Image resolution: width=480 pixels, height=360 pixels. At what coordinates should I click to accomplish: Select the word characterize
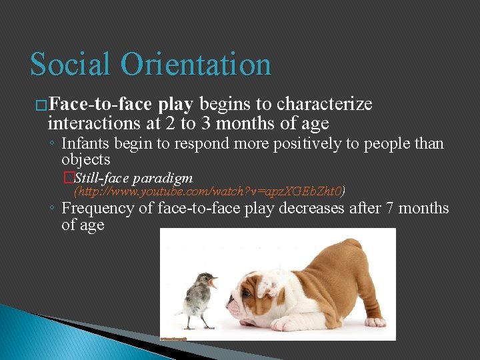tap(324, 105)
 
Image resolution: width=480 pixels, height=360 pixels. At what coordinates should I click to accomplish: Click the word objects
tap(85, 159)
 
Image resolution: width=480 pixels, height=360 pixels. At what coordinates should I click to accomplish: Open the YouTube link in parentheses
tap(209, 192)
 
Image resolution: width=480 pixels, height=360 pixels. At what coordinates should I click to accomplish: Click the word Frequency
tap(98, 209)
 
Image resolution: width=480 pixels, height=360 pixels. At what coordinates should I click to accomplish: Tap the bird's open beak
tap(213, 283)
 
